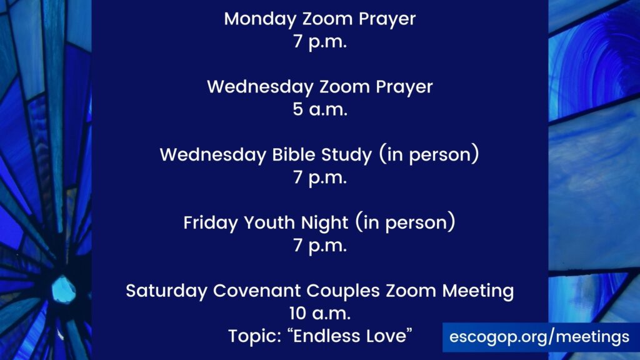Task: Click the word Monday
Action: (x=260, y=19)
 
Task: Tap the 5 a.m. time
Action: (x=320, y=109)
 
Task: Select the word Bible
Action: (x=294, y=155)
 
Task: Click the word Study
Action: (x=346, y=156)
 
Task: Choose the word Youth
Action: (x=269, y=223)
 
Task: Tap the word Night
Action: (x=324, y=223)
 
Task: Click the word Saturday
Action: (x=166, y=291)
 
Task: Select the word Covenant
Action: (x=257, y=291)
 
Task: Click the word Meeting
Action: (x=478, y=291)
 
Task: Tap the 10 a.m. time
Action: (x=320, y=314)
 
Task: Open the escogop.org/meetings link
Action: (x=539, y=337)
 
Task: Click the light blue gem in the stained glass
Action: (x=63, y=290)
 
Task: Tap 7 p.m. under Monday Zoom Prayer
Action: (x=320, y=42)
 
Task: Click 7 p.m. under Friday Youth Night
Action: (x=320, y=246)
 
